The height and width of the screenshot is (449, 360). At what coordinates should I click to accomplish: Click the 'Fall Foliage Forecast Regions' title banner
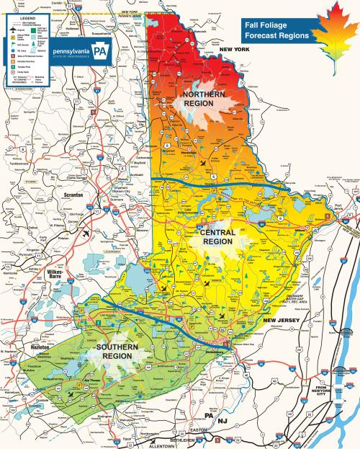pos(278,30)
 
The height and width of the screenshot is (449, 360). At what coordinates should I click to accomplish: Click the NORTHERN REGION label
pos(204,99)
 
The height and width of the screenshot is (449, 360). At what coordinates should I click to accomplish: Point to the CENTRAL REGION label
pos(215,238)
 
